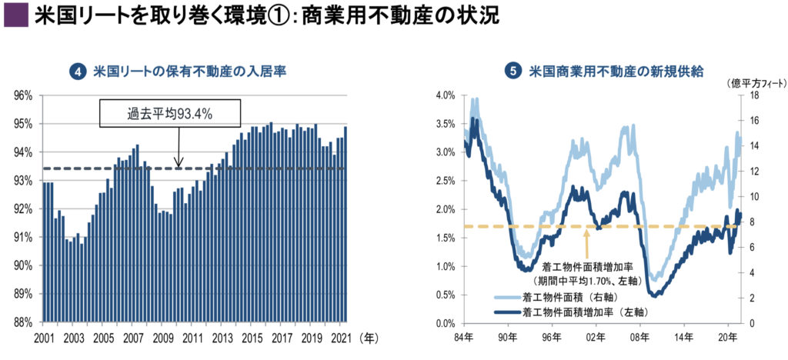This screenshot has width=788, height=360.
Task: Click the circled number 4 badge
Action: (77, 72)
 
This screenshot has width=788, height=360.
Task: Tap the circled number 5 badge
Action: (513, 72)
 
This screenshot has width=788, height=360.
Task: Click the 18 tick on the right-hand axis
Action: (755, 95)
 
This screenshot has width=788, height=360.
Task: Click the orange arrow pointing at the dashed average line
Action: (587, 244)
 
